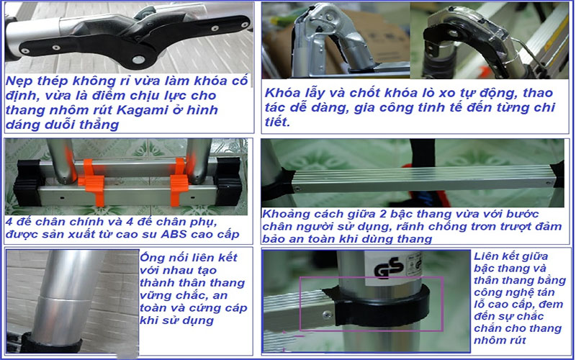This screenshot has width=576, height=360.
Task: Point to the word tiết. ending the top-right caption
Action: tap(277, 123)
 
